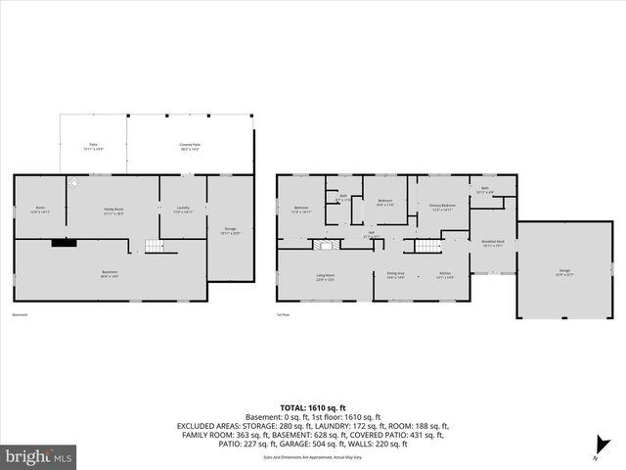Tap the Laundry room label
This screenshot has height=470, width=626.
183,210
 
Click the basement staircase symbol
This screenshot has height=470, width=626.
152,245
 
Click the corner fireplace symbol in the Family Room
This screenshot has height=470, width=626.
74,183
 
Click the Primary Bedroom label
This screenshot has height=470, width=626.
441,207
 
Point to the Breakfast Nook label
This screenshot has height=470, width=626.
493,243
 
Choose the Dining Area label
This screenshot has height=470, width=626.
395,274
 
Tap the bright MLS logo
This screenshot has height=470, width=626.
40,456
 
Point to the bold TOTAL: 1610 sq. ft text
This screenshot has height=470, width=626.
313,406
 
